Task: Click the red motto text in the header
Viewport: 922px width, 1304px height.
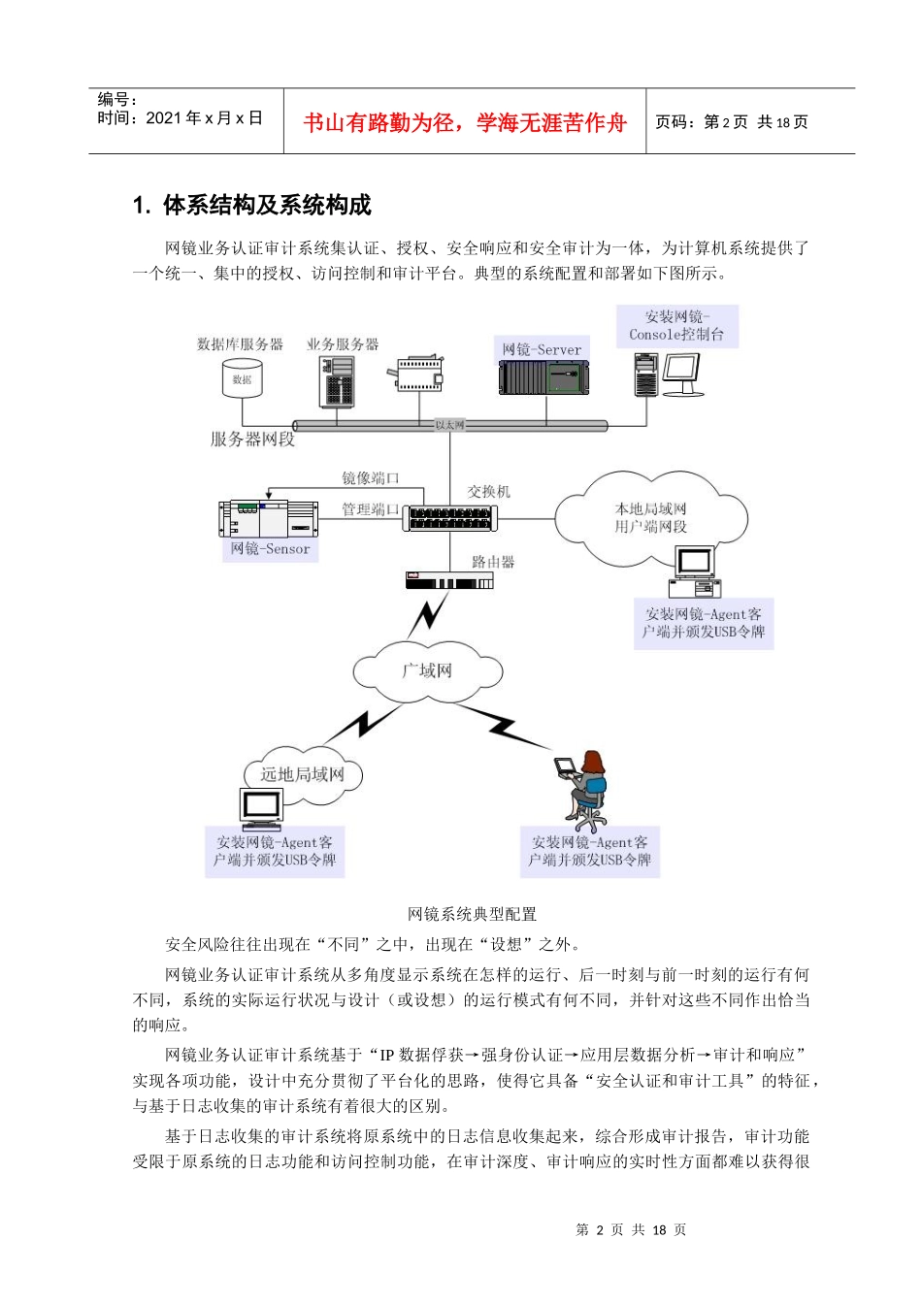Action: (x=465, y=123)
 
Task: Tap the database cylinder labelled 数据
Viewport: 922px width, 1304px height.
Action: (x=242, y=378)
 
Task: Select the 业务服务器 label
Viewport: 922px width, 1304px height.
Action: (x=343, y=344)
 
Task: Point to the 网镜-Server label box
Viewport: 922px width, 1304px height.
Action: (x=542, y=349)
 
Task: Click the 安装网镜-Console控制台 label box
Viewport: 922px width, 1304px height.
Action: (x=676, y=326)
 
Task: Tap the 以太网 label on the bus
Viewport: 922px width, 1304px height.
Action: (x=449, y=425)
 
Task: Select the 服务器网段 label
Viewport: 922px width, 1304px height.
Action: (x=252, y=440)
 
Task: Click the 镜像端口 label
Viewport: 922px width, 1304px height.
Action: (x=370, y=478)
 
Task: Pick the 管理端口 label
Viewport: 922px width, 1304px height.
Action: (x=370, y=509)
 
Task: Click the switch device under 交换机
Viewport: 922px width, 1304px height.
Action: (x=449, y=518)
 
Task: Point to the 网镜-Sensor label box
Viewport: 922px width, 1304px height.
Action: (x=270, y=549)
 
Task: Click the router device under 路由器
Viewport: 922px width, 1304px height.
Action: (x=449, y=581)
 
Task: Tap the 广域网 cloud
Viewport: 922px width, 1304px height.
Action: (x=427, y=670)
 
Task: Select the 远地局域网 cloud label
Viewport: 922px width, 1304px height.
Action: (x=302, y=774)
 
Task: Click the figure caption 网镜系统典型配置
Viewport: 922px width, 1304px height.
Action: (x=472, y=914)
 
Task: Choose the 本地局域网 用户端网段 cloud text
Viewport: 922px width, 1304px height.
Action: (x=650, y=518)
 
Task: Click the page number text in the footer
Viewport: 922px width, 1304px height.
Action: (x=631, y=1230)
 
